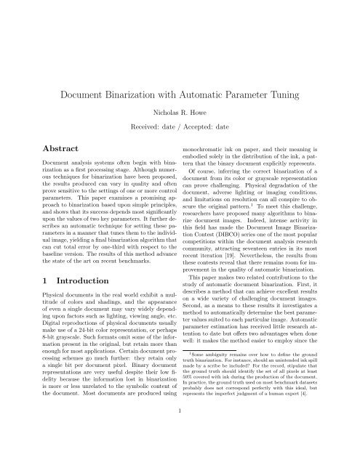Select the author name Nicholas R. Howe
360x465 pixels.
[x=180, y=115]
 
